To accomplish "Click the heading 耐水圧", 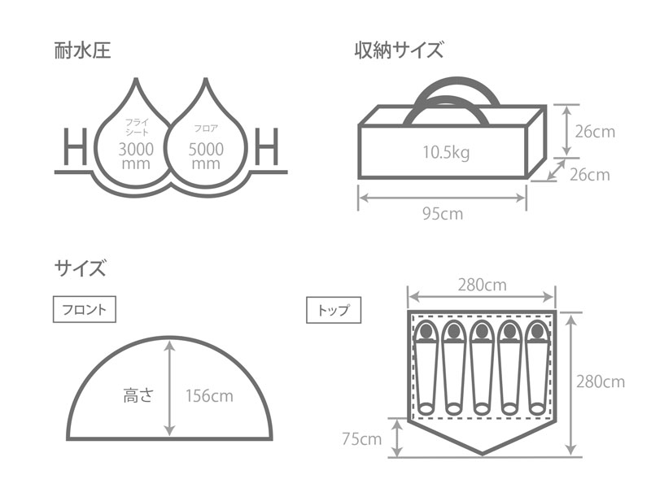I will pyautogui.click(x=82, y=51).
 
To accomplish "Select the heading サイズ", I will pyautogui.click(x=80, y=268).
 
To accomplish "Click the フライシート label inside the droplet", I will pyautogui.click(x=135, y=129).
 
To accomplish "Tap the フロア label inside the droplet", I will pyautogui.click(x=205, y=129).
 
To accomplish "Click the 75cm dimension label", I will pyautogui.click(x=361, y=440).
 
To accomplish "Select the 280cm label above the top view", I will pyautogui.click(x=482, y=285).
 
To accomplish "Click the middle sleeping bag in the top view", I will pyautogui.click(x=481, y=365).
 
